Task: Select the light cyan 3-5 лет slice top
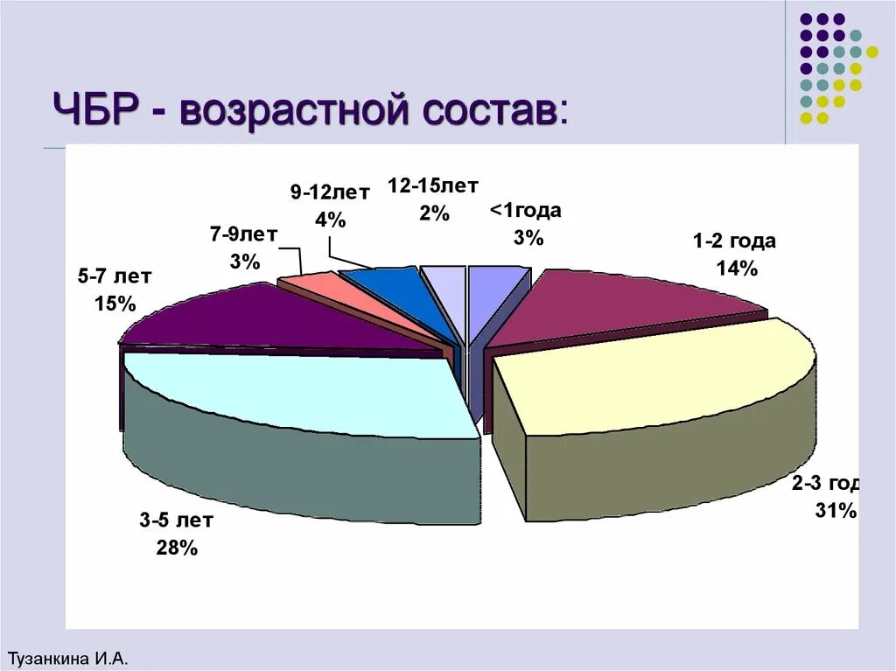(x=306, y=394)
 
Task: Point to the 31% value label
(x=836, y=511)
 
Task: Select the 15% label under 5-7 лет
(x=115, y=304)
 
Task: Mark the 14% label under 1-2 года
(x=736, y=269)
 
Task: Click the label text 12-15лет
(x=433, y=186)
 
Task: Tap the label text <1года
(x=525, y=211)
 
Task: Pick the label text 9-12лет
(x=330, y=193)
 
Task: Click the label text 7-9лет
(x=244, y=234)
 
